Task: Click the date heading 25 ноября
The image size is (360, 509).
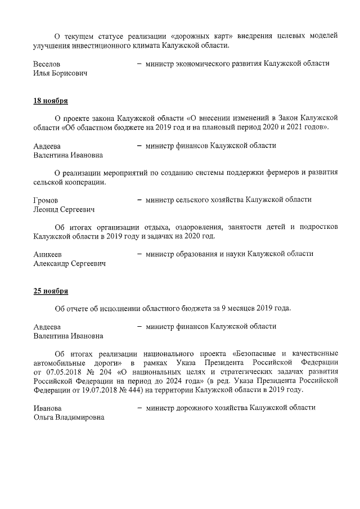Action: tap(51, 291)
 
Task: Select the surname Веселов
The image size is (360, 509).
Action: tap(47, 64)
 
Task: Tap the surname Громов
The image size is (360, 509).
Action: tap(46, 200)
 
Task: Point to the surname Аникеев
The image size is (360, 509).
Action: tap(47, 254)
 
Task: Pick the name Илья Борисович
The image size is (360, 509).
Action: tap(61, 74)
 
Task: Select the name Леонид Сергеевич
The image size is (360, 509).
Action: tap(64, 209)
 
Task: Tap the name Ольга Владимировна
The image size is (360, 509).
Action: tap(69, 417)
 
